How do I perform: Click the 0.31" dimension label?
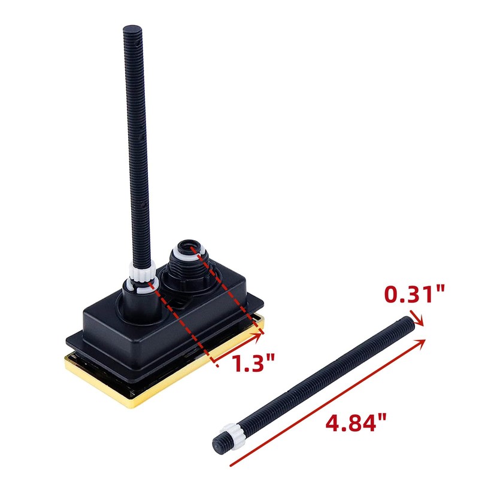414,294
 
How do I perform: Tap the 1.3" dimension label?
253,363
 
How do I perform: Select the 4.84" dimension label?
356,423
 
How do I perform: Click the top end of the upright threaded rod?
132,28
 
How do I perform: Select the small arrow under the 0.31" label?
417,319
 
